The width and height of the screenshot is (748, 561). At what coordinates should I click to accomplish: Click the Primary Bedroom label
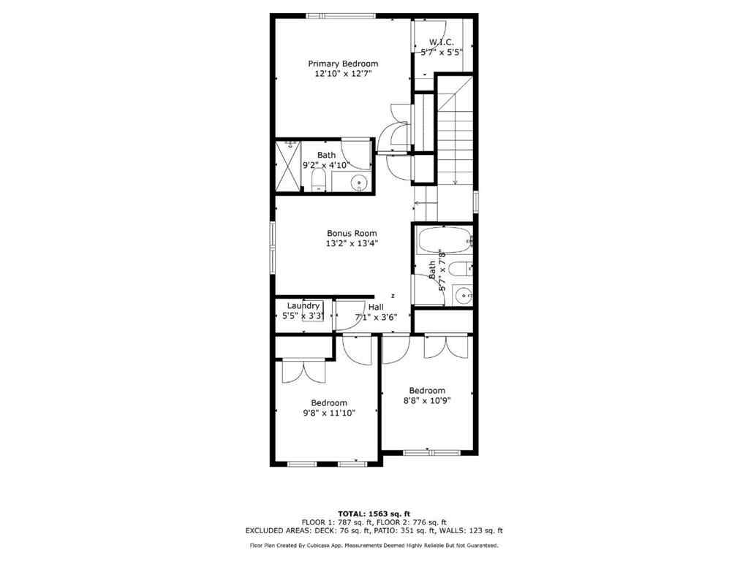(342, 64)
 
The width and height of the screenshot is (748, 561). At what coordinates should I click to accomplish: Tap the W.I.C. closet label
(442, 42)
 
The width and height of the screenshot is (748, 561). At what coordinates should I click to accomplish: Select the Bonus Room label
(352, 234)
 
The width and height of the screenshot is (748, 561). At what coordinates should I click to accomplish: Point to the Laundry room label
(303, 305)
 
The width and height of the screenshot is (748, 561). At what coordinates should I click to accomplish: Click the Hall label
(376, 307)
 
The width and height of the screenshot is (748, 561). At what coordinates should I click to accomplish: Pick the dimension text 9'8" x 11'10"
(328, 413)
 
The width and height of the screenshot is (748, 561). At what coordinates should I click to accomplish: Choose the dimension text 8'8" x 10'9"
(427, 400)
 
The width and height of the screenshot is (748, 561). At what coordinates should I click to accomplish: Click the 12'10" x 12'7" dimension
(342, 74)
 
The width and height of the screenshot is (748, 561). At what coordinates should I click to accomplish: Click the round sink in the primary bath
(358, 183)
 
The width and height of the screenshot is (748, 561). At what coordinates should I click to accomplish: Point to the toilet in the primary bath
(319, 180)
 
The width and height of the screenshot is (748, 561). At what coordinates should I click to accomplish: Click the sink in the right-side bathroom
(462, 295)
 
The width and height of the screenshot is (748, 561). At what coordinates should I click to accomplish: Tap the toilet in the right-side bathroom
(459, 270)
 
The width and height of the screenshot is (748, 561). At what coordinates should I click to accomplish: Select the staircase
(455, 139)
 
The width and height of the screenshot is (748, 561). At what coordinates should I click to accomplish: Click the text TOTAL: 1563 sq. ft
(374, 513)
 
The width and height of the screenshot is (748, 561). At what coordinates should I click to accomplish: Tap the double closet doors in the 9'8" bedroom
(303, 371)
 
